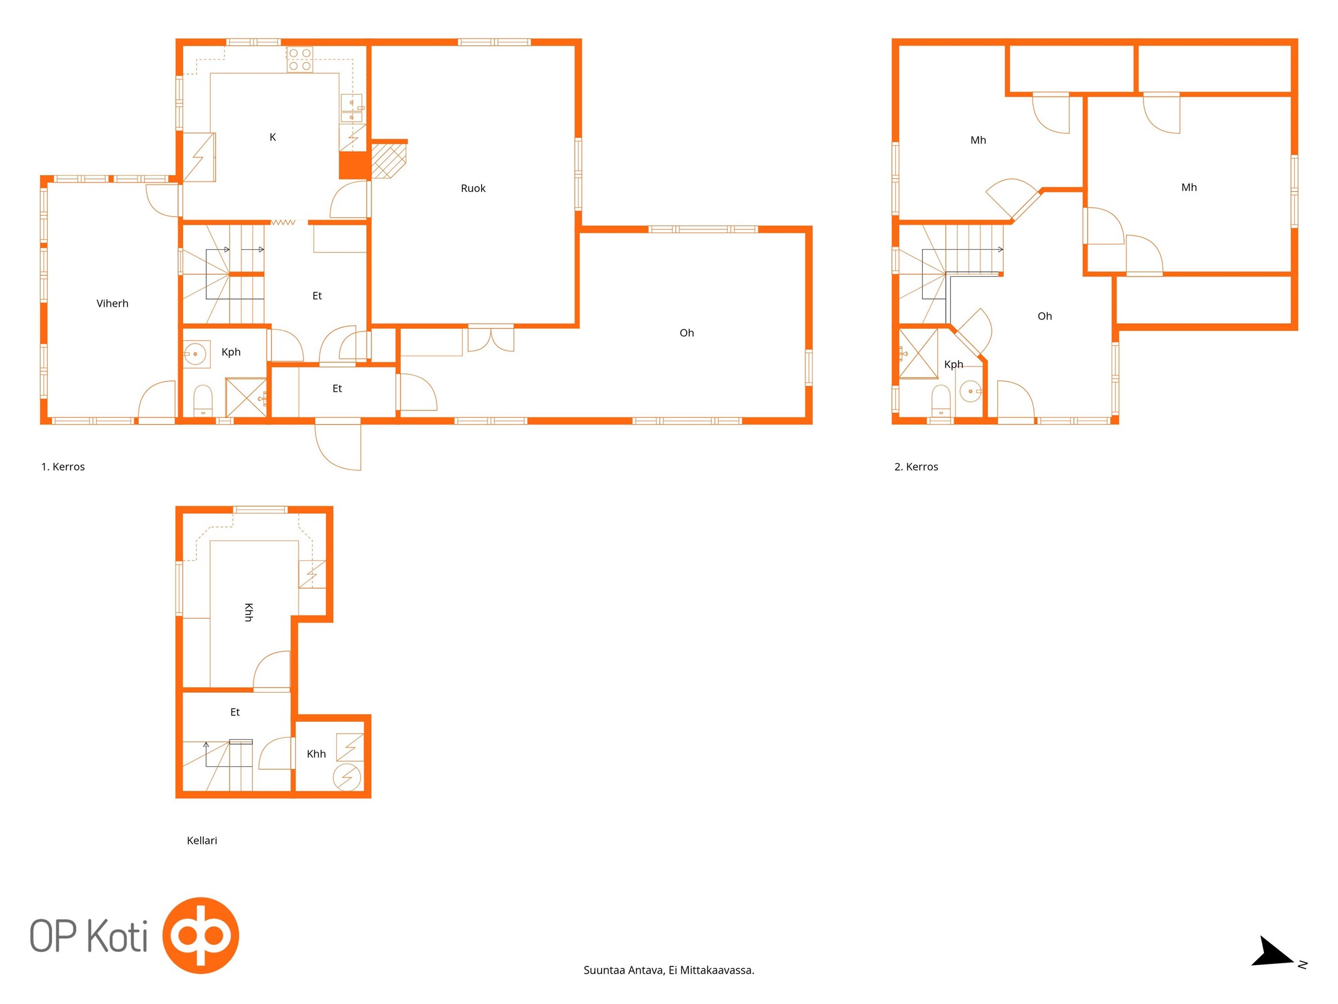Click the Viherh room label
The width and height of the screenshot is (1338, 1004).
(x=112, y=304)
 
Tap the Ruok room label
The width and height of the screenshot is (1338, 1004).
(x=473, y=188)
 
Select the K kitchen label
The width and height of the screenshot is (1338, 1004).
(x=273, y=137)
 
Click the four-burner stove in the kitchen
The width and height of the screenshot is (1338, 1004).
(x=300, y=60)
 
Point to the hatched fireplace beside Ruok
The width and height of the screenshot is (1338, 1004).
(x=389, y=161)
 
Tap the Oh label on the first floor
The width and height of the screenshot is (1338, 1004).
(x=687, y=333)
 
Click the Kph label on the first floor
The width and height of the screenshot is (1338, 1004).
(x=231, y=352)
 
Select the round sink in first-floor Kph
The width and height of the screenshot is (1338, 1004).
(x=196, y=355)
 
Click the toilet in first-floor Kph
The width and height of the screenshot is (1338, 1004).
(x=203, y=401)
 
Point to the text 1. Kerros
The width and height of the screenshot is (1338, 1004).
(x=63, y=467)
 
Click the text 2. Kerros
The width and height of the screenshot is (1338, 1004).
(x=916, y=467)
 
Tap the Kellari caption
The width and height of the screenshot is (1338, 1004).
(x=202, y=841)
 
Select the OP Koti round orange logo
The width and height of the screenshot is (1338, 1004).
(x=201, y=936)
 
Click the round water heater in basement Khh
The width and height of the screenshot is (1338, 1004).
(x=347, y=777)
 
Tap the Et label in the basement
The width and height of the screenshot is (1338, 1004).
(x=235, y=712)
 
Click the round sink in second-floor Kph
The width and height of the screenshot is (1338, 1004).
(x=970, y=392)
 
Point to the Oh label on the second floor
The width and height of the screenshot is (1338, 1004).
(x=1044, y=316)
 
